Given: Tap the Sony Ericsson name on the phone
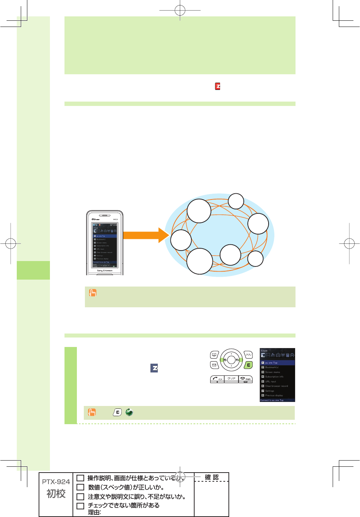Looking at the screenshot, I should pos(105,271).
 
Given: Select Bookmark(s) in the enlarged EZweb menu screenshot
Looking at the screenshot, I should pos(272,367).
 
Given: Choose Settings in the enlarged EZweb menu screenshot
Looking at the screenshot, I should pos(270,391).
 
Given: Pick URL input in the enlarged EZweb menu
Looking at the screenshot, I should pos(271,382).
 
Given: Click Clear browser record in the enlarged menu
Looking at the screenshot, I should pos(276,386).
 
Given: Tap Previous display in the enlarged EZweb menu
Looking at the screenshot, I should pos(274,395).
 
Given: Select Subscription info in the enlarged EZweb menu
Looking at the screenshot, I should pos(274,377).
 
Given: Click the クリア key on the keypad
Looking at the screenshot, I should pos(231,379).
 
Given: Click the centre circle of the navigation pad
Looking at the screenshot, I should pos(231,360).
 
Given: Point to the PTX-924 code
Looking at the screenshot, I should pos(56,482).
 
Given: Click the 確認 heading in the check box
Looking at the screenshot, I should pos(211,477).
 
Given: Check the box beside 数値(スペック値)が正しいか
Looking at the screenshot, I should pos(81,487).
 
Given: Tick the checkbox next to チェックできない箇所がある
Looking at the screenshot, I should pos(81,506).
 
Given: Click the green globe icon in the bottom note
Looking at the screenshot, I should pos(129,413).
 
